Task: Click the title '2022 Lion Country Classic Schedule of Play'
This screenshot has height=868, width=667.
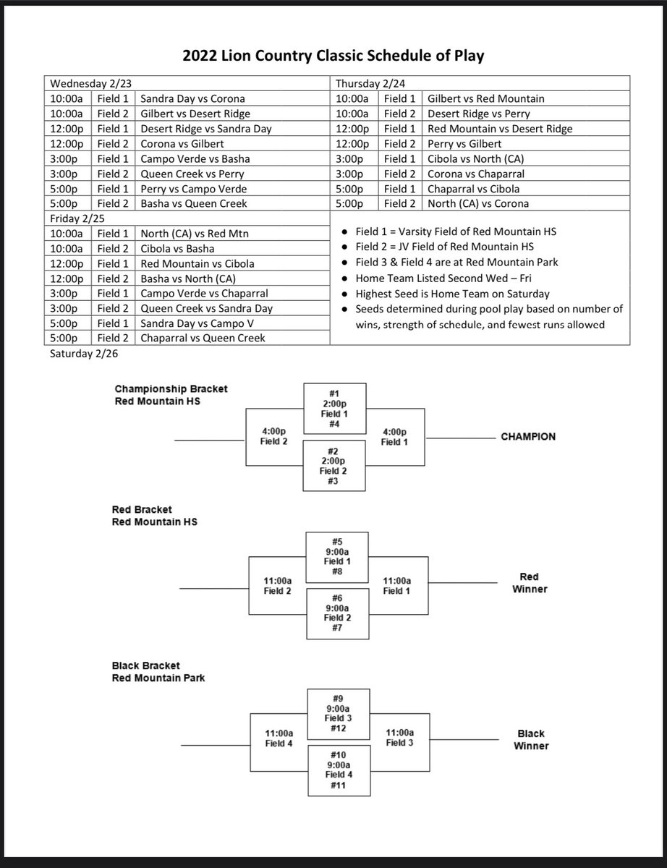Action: tap(333, 56)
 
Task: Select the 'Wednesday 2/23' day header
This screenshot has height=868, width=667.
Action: tap(82, 82)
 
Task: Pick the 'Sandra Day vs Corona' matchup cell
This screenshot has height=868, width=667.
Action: tap(192, 98)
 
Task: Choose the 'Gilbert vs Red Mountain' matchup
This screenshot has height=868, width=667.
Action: tap(486, 98)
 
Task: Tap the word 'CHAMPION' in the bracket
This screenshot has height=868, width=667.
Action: tap(528, 437)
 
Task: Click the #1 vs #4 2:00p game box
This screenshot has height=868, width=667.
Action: tap(335, 409)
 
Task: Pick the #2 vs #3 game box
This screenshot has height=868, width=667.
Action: tap(335, 466)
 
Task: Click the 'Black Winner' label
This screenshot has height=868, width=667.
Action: tap(532, 739)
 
